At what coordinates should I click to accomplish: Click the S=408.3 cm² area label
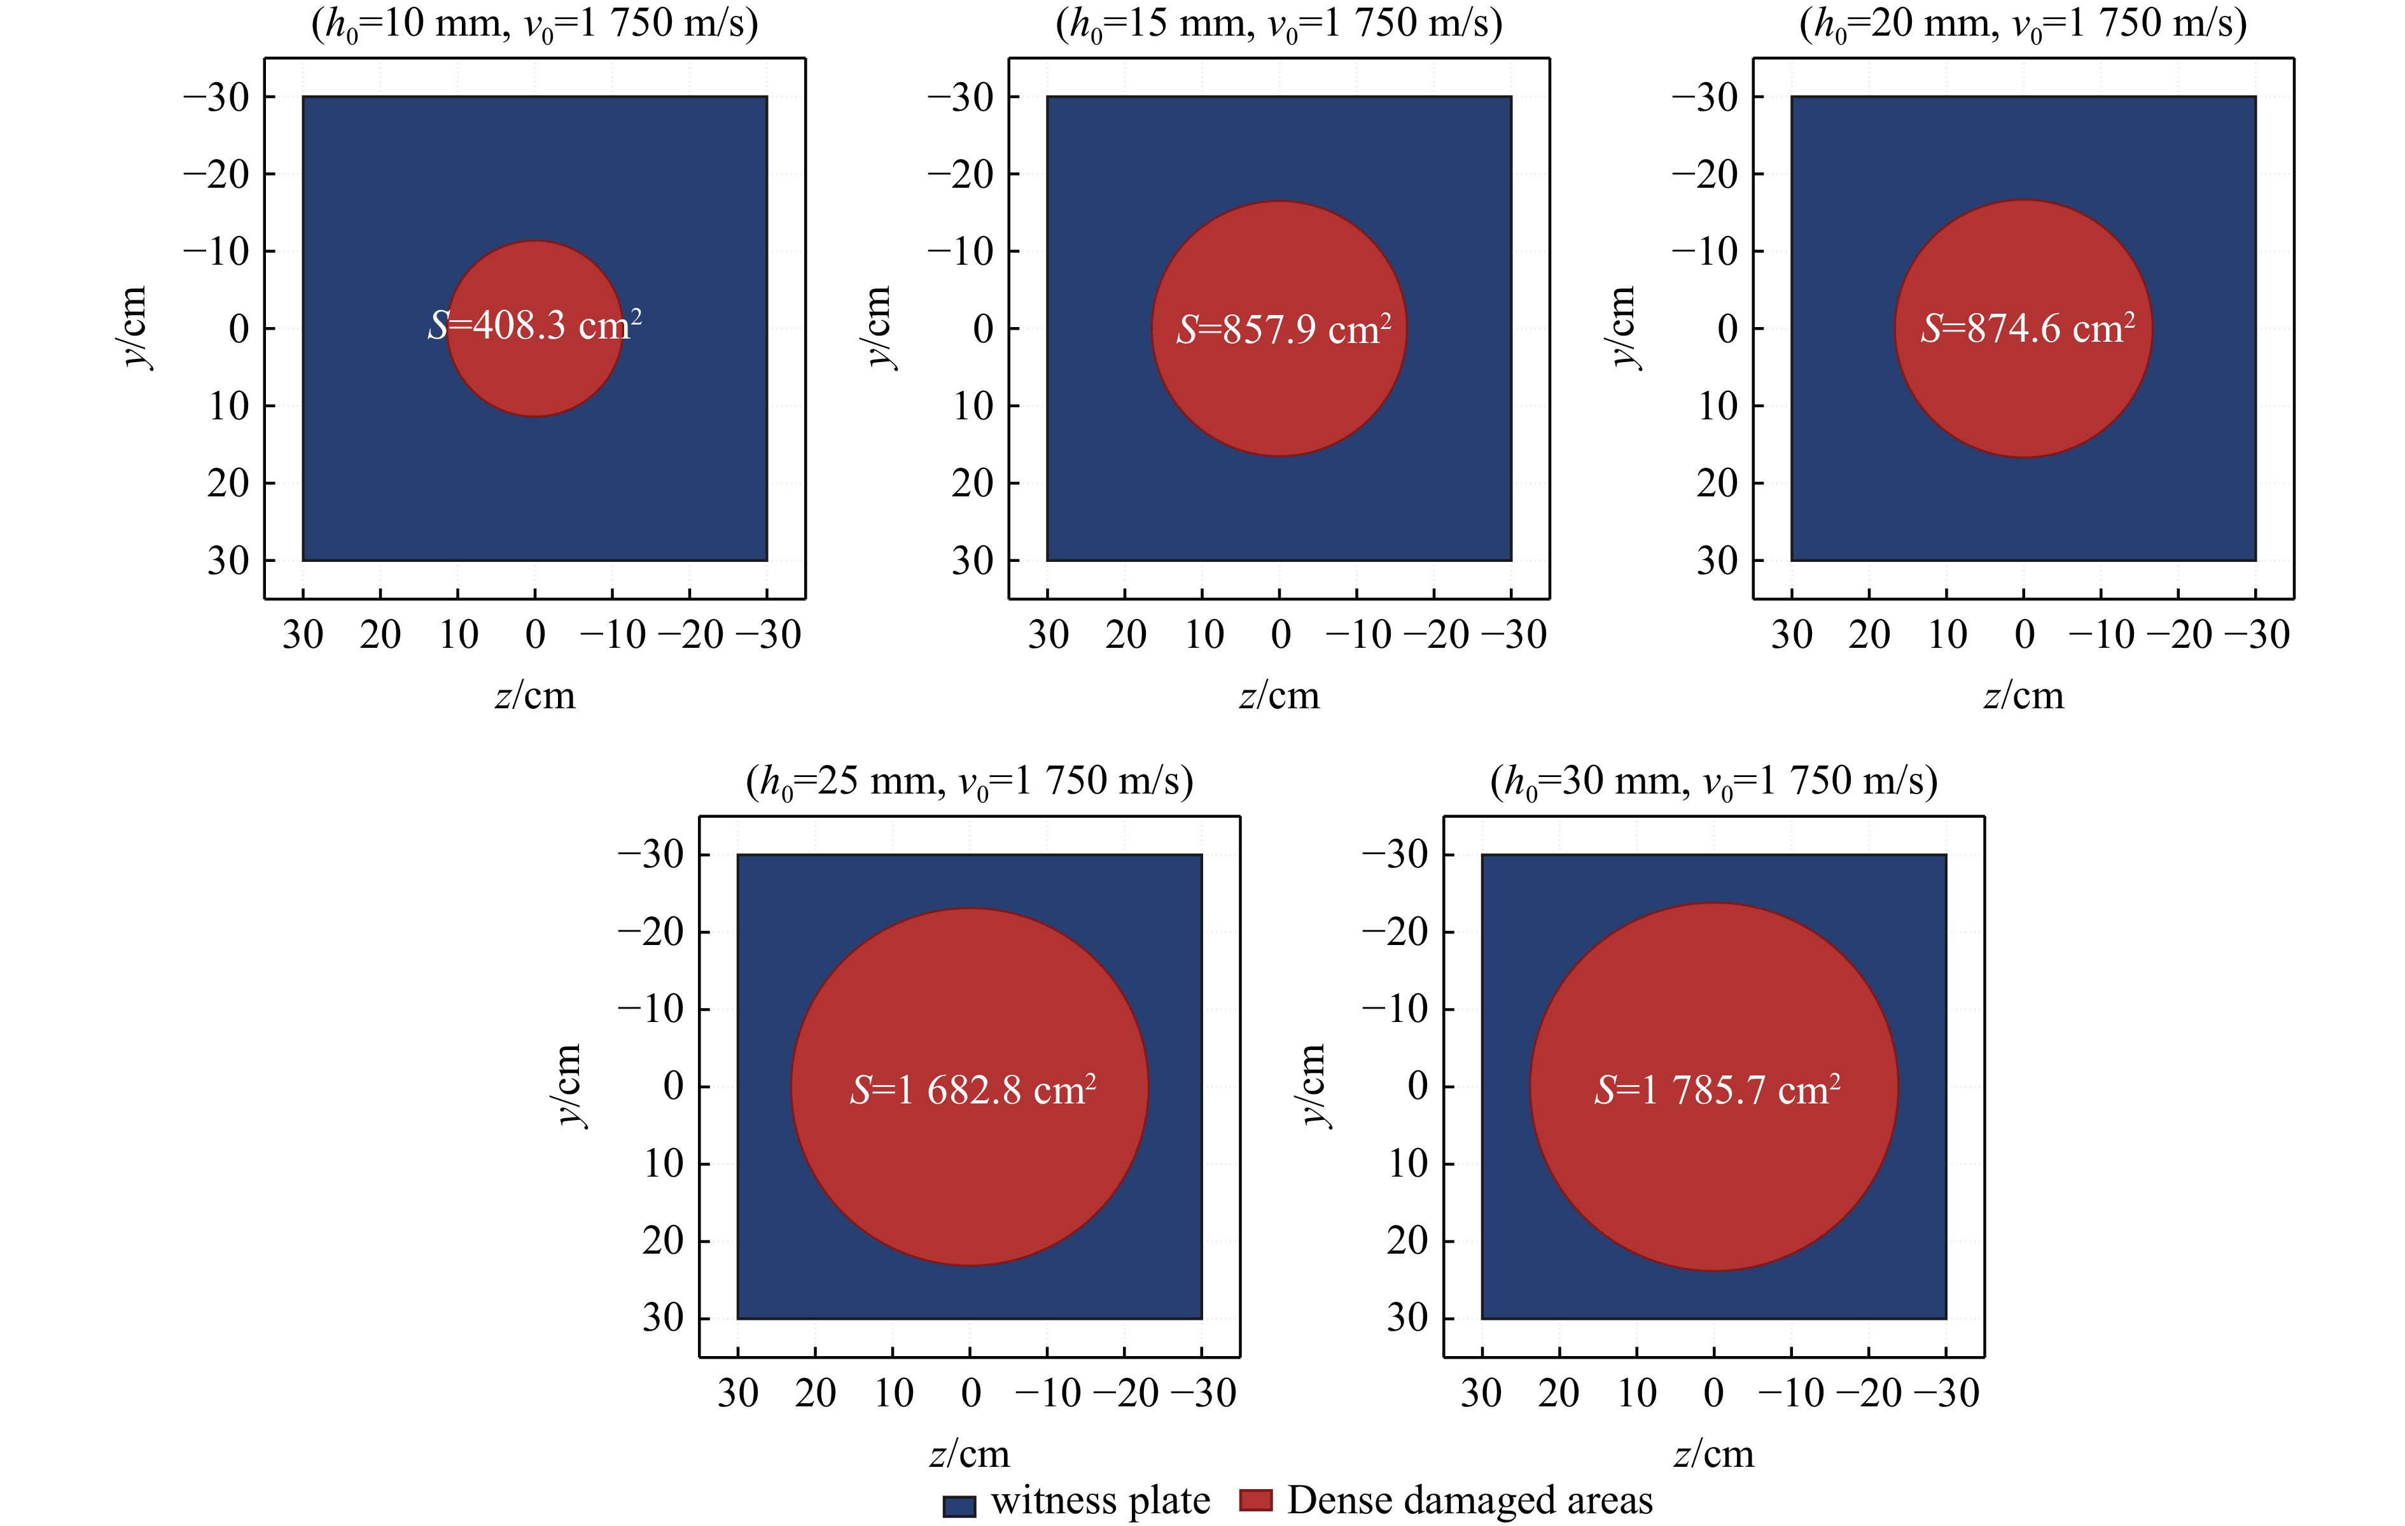point(534,326)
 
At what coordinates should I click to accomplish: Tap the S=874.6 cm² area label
point(2028,328)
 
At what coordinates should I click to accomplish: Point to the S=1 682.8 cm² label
point(973,1089)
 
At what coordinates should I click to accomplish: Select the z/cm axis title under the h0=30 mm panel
point(1714,1454)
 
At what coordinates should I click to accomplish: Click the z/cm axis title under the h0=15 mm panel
point(1279,696)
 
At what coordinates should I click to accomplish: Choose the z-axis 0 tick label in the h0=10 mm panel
point(535,635)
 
